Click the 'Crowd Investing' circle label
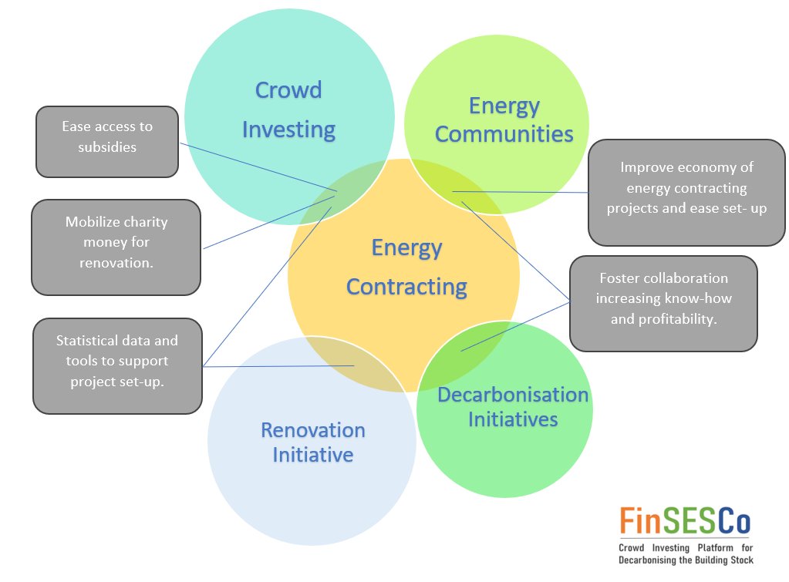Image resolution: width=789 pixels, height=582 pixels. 288,109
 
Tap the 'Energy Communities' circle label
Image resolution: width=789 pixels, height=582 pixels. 504,119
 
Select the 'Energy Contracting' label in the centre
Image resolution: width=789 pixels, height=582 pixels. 406,267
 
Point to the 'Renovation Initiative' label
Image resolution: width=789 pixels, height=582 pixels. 312,442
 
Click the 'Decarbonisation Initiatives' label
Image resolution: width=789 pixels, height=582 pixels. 513,407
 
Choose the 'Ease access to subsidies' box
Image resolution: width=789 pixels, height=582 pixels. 107,142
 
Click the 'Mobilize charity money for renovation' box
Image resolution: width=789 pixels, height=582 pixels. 116,247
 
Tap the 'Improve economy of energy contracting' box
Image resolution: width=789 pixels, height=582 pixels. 686,192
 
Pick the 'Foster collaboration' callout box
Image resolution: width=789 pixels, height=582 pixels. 663,303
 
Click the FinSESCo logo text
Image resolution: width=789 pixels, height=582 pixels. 685,522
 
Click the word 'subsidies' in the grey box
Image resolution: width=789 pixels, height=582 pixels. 107,147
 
